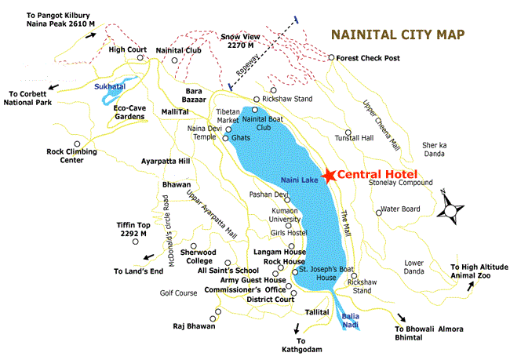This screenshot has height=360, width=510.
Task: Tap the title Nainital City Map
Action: (x=397, y=35)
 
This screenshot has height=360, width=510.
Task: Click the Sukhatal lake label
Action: (x=109, y=87)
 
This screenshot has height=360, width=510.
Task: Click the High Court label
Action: (x=129, y=49)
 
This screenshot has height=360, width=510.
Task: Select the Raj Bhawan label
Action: (x=195, y=325)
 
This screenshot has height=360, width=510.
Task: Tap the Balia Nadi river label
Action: (x=352, y=321)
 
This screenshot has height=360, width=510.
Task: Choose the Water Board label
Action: (x=400, y=209)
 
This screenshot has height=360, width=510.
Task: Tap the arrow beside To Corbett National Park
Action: (x=53, y=86)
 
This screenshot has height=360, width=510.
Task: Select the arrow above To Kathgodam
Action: (x=297, y=329)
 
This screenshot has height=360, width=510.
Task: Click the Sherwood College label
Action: (x=198, y=256)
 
